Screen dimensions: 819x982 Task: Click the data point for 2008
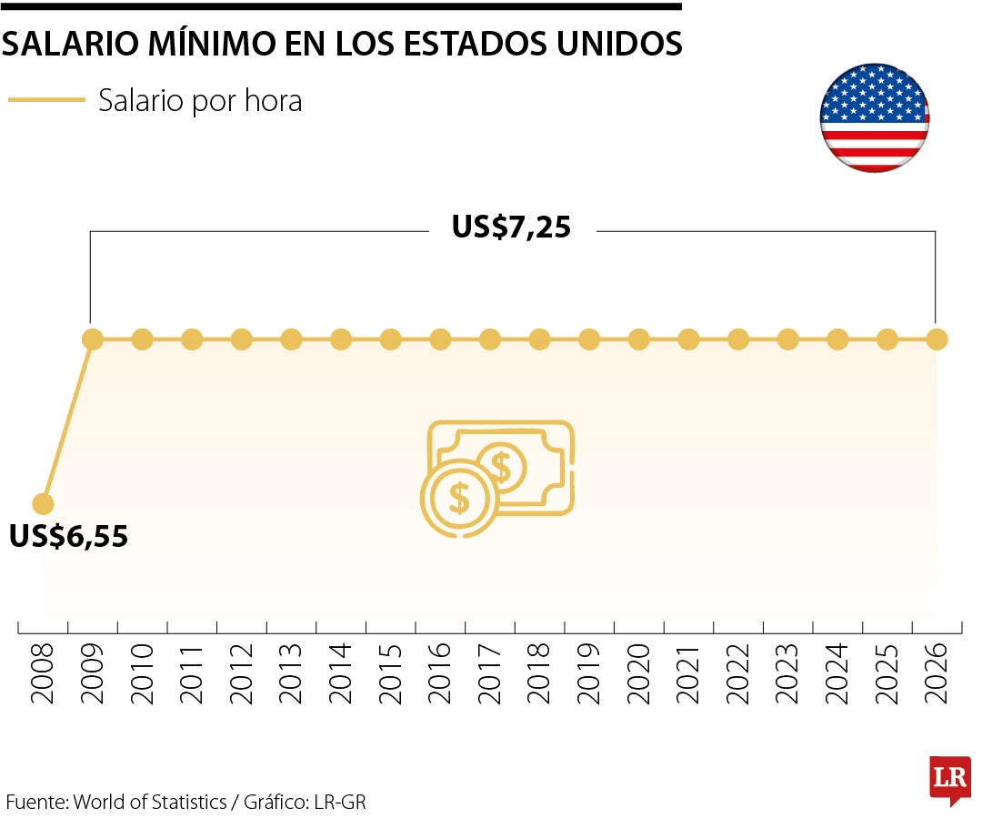43,503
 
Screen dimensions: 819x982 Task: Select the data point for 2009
92,339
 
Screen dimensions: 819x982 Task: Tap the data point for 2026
937,339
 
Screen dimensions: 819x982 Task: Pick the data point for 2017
489,339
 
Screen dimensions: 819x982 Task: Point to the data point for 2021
688,339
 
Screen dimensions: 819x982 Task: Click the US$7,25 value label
511,227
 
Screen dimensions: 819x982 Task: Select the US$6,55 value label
69,537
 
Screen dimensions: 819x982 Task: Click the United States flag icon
875,117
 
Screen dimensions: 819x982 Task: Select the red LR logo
949,779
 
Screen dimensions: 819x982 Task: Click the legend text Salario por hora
200,101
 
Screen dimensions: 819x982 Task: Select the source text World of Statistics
150,802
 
